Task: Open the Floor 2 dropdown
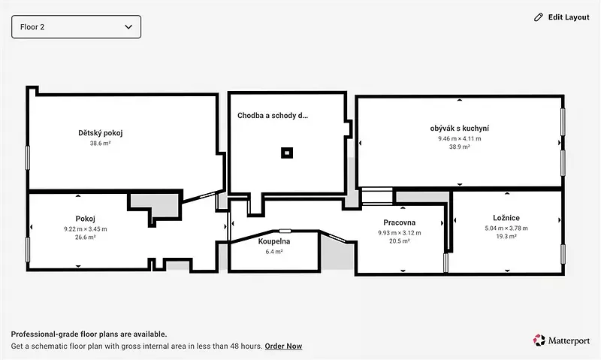(x=77, y=27)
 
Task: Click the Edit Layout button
(x=561, y=17)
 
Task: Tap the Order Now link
(x=283, y=346)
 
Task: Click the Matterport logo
(x=561, y=340)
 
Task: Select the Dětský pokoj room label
(x=101, y=133)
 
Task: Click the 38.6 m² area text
(x=101, y=144)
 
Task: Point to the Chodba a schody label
(x=273, y=116)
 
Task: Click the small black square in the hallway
(x=287, y=153)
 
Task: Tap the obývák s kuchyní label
(x=460, y=129)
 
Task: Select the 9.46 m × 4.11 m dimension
(x=460, y=138)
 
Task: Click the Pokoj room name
(x=85, y=219)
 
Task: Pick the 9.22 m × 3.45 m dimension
(x=86, y=229)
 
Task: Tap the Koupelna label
(x=274, y=241)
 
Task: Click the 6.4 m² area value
(x=274, y=252)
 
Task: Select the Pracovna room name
(x=400, y=222)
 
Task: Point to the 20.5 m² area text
(x=400, y=241)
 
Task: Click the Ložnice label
(x=506, y=218)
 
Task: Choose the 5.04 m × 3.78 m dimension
(x=506, y=228)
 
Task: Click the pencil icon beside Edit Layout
(x=539, y=17)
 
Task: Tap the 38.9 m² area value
(x=460, y=147)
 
